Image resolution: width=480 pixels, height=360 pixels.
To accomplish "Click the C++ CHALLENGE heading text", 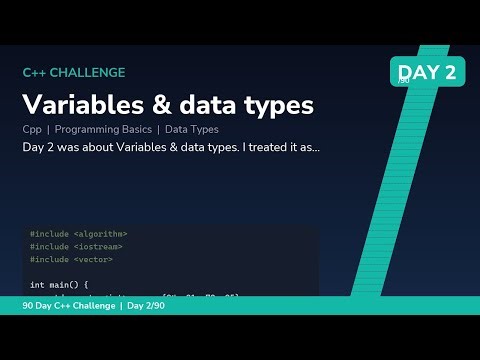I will (74, 72).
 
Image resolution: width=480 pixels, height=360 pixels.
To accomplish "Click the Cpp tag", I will (31, 129).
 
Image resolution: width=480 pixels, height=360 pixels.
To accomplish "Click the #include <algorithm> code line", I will (79, 234).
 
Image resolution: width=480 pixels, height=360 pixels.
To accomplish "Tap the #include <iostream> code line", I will (76, 246).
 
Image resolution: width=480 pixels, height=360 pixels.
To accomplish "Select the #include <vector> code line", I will (71, 259).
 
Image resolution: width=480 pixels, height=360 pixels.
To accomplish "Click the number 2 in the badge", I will (449, 71).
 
